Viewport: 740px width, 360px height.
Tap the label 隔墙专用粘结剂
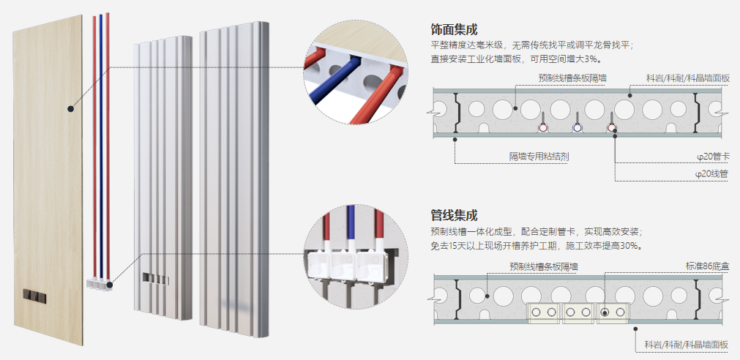tap(539, 157)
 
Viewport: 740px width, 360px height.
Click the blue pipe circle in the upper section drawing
tap(578, 127)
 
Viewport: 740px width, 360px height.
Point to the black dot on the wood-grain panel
tap(70, 108)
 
